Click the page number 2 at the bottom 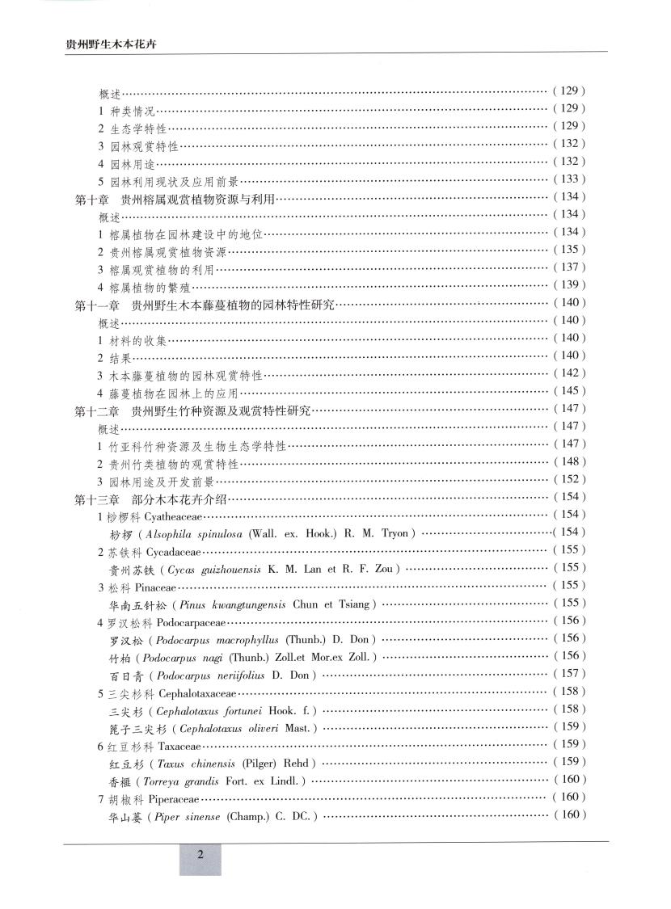tap(200, 856)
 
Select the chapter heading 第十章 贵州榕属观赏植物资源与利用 tap(175, 197)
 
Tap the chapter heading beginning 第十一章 tap(205, 304)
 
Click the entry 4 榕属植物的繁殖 tap(145, 286)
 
